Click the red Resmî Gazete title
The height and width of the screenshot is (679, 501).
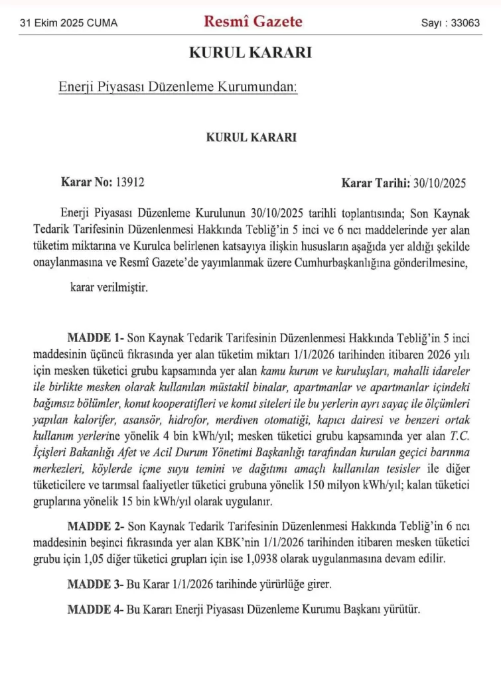[253, 21]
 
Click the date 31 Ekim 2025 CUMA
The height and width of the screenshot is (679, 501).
[68, 23]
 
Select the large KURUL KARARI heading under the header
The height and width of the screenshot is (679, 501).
[250, 54]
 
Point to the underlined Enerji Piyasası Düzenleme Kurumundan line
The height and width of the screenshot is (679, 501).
[178, 88]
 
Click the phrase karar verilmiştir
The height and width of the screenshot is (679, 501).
[109, 288]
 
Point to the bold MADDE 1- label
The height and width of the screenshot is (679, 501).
[96, 337]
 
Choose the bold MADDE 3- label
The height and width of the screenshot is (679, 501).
[96, 584]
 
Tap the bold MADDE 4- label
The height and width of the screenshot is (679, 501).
[96, 609]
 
